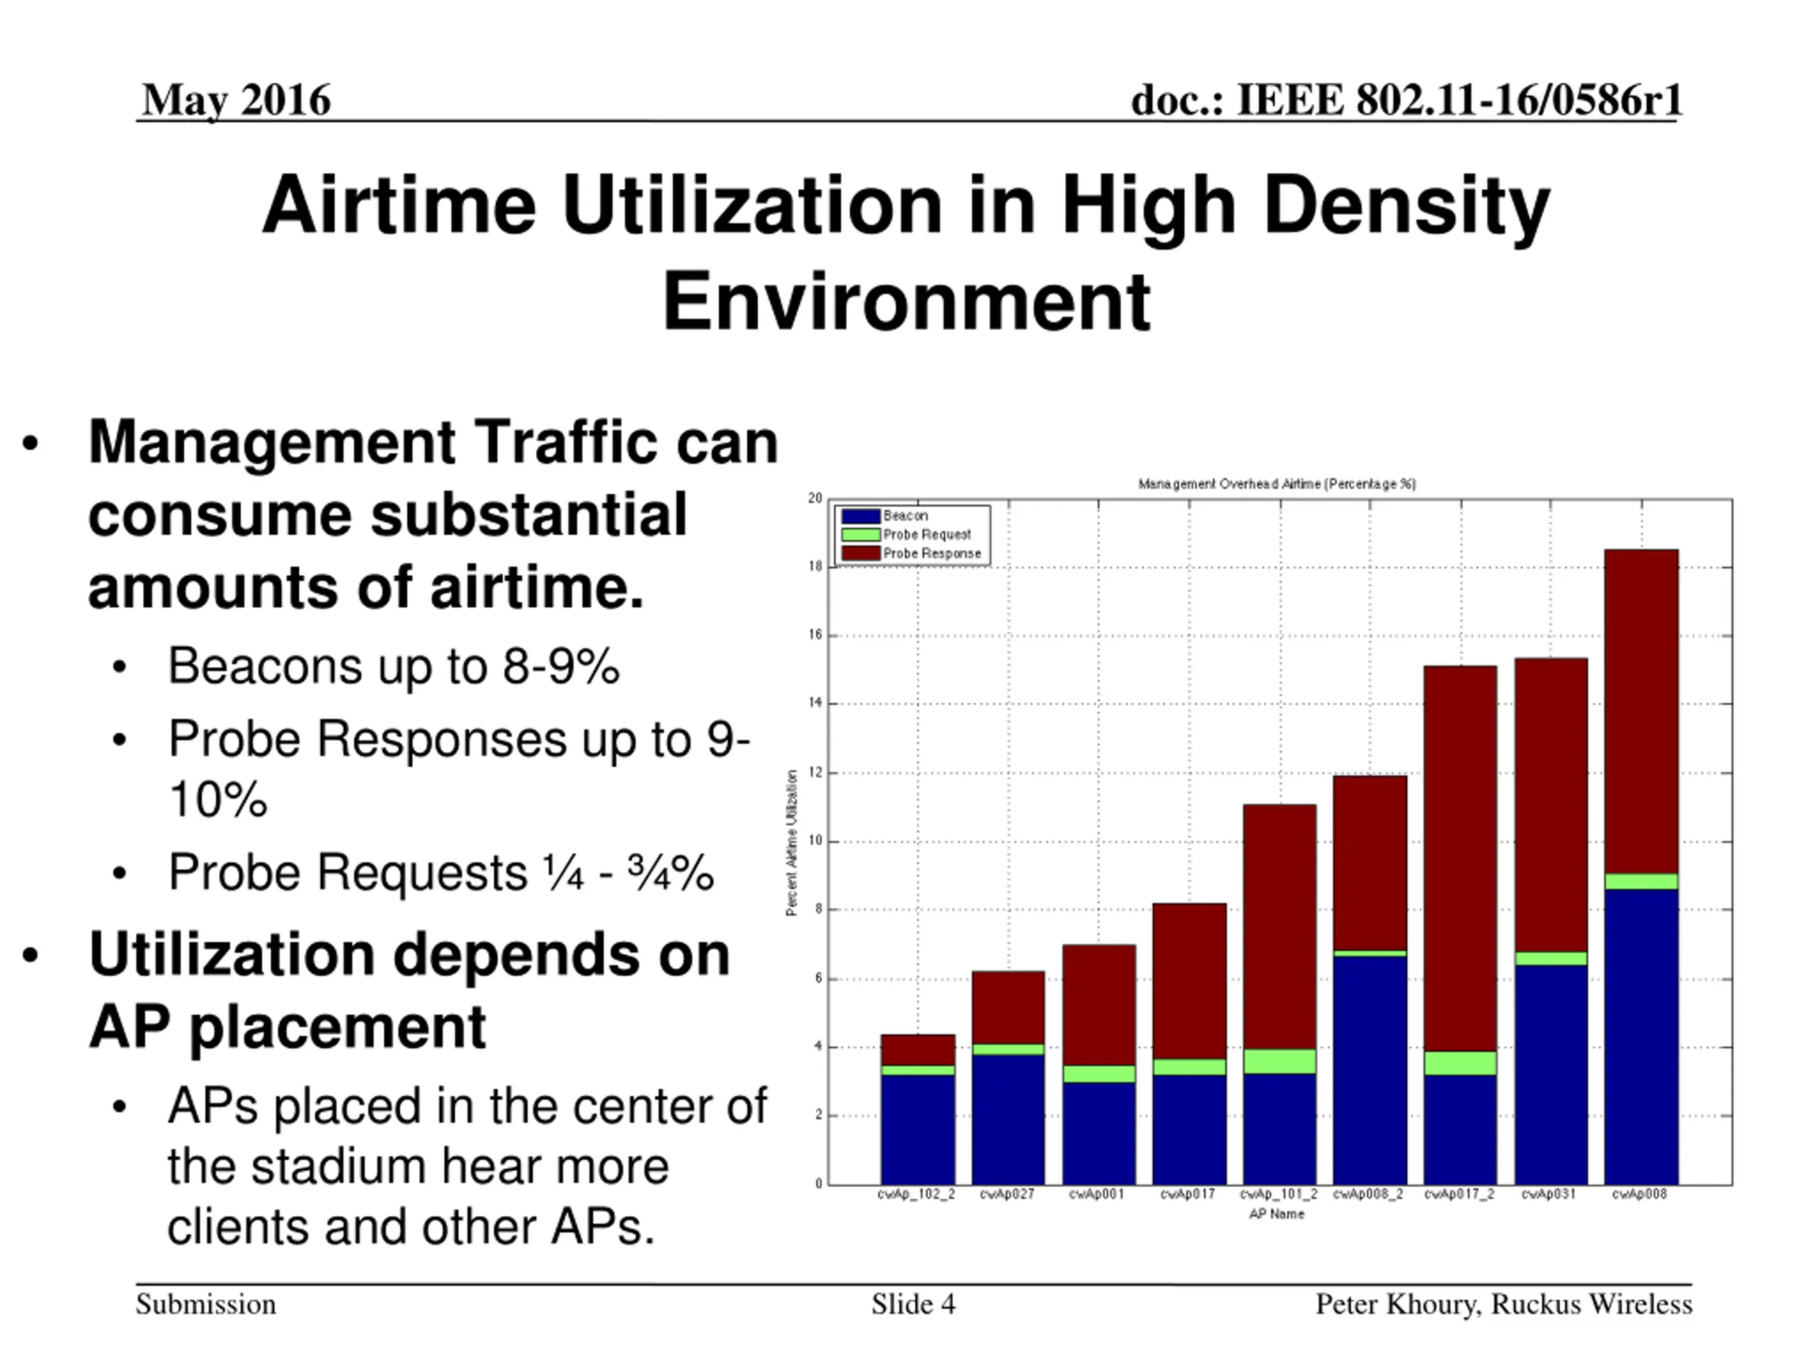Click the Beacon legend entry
(905, 516)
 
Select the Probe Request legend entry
(926, 535)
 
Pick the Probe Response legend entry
(931, 553)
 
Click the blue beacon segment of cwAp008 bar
(1641, 1036)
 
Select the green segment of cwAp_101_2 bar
(1280, 1061)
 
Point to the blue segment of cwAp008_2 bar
(1370, 1070)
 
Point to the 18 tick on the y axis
(816, 567)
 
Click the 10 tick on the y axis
(816, 841)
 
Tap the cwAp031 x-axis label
(1548, 1194)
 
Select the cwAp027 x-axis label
(1007, 1194)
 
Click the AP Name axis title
(1276, 1214)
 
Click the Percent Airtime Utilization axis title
(792, 843)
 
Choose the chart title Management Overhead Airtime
(1277, 484)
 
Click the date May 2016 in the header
(236, 100)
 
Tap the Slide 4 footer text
(913, 1304)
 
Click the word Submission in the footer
(205, 1304)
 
